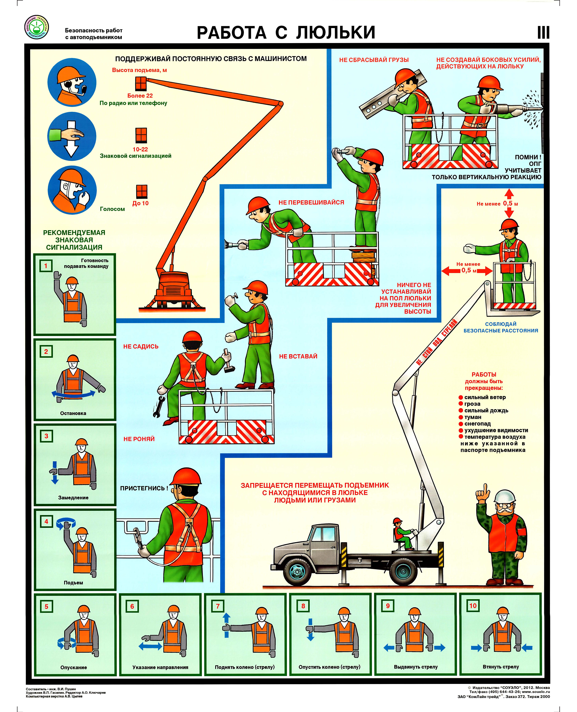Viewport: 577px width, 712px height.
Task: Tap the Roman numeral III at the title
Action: click(x=543, y=33)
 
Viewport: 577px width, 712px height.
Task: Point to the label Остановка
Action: click(x=73, y=413)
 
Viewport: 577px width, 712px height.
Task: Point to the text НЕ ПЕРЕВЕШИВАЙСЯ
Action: click(x=311, y=202)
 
